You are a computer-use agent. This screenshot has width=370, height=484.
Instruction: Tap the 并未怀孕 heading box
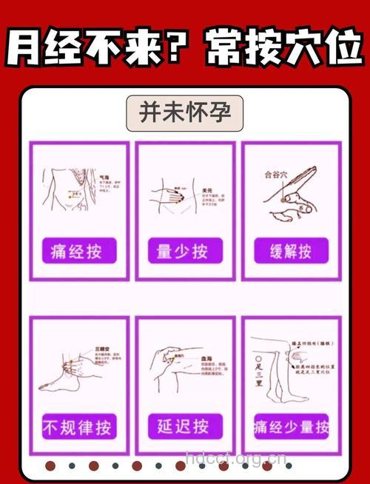click(185, 113)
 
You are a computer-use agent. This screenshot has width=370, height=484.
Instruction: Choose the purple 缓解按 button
click(290, 250)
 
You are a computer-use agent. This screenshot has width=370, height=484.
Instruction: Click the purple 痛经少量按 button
click(291, 426)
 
